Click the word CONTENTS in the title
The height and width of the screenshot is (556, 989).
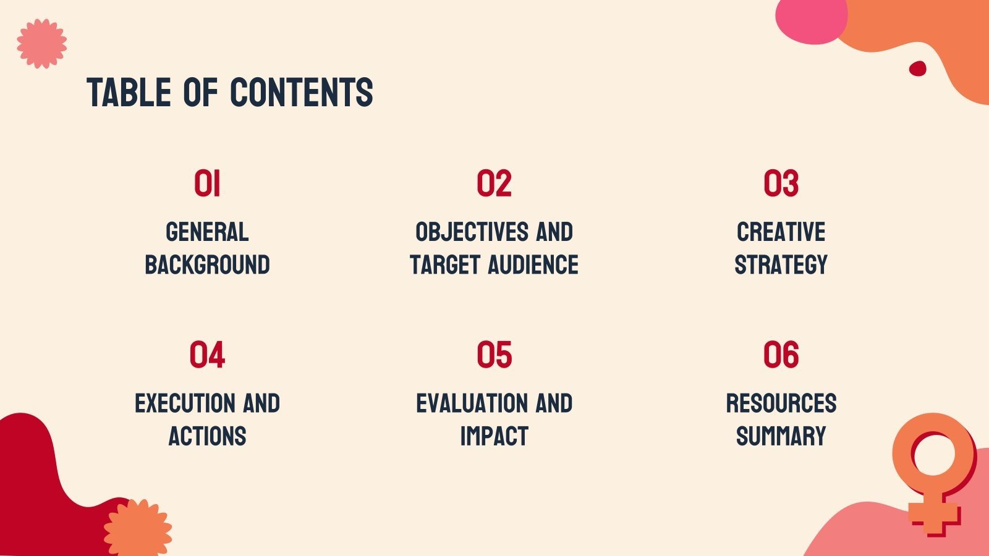(x=302, y=92)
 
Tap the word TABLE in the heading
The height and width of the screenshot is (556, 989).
(x=129, y=92)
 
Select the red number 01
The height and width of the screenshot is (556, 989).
(x=207, y=183)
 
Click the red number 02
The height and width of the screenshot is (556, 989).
(x=494, y=183)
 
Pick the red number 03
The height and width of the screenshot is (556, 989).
(x=781, y=183)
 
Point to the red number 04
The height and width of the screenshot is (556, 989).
(x=207, y=355)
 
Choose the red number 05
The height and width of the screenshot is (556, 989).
(x=494, y=355)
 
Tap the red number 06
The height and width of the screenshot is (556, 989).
(x=781, y=355)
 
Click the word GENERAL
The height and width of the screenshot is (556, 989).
(x=207, y=232)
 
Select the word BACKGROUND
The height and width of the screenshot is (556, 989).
(x=207, y=265)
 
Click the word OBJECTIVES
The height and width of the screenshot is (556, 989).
(x=472, y=232)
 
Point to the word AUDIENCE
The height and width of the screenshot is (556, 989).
(x=533, y=265)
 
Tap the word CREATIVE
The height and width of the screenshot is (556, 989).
(x=781, y=232)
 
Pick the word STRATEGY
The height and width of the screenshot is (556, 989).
(x=781, y=265)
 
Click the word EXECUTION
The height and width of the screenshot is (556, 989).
(x=185, y=403)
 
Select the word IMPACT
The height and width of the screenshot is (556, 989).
(x=494, y=436)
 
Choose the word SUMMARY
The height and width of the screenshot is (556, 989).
(x=781, y=436)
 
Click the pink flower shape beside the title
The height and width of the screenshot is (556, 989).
(x=42, y=44)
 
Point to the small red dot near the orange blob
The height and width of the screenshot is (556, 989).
(x=917, y=69)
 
